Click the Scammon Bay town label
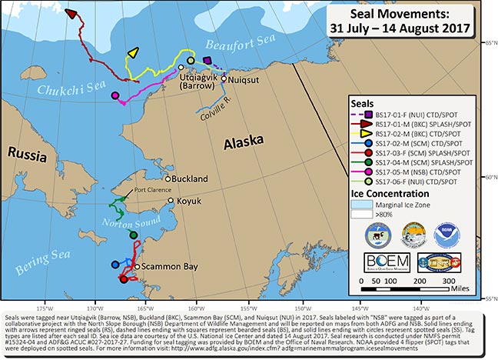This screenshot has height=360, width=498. coord(167,266)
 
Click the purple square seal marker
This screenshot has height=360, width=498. coord(207,60)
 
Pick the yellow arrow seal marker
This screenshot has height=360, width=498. coord(133,52)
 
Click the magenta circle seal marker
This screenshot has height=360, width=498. coord(115,96)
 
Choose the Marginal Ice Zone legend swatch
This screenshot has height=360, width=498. coord(373,204)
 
